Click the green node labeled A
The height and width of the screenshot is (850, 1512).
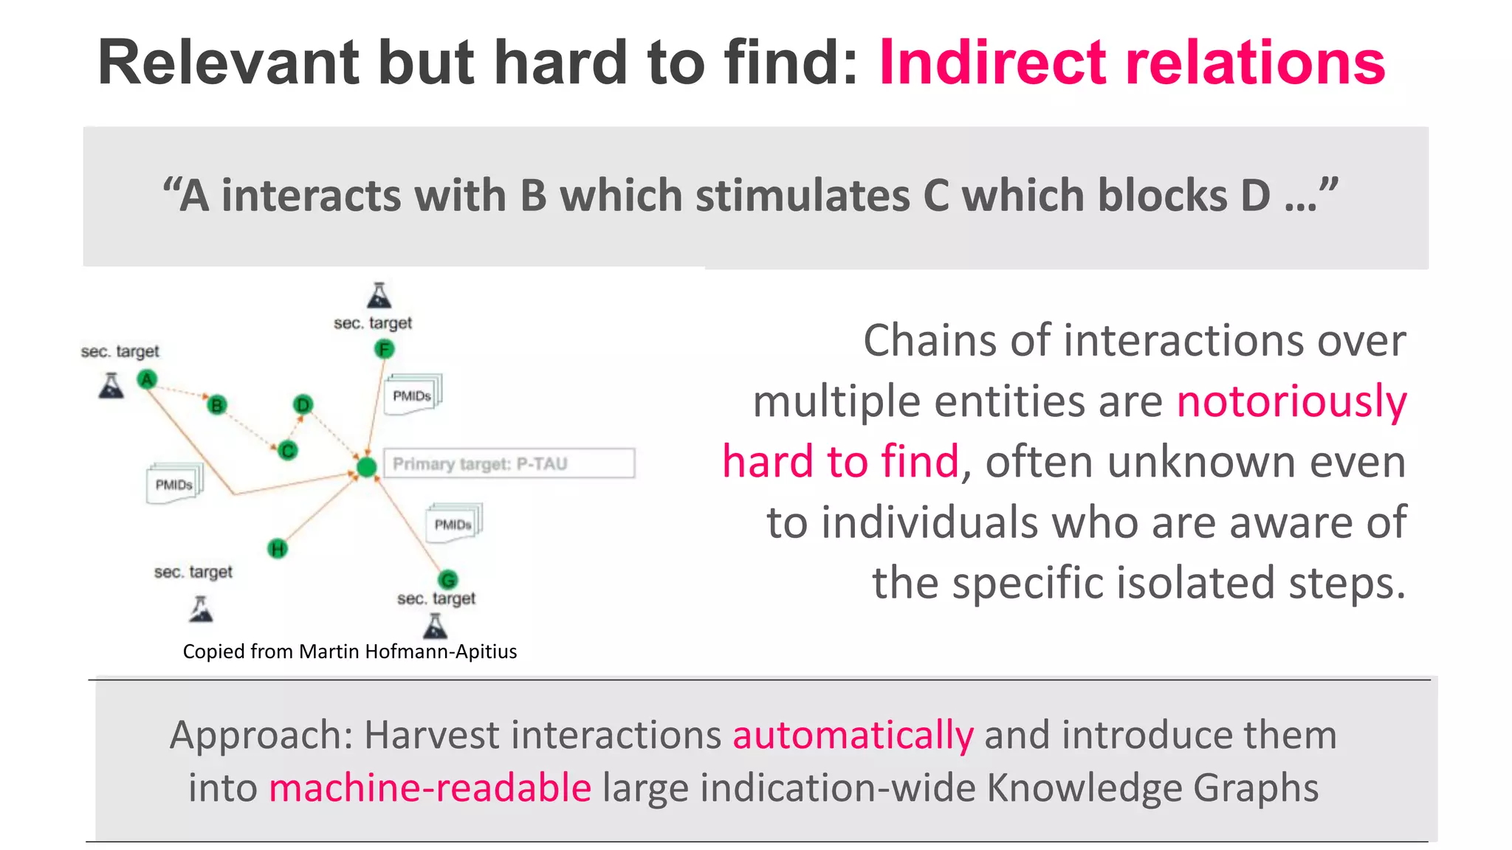[x=147, y=379]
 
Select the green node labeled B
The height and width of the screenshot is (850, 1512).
[x=217, y=405]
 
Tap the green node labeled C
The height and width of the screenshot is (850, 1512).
[x=288, y=450]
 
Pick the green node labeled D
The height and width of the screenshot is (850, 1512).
[x=303, y=404]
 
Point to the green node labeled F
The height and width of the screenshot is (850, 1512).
[x=384, y=349]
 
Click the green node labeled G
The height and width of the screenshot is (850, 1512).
[x=448, y=579]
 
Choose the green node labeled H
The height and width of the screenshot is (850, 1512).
[x=278, y=548]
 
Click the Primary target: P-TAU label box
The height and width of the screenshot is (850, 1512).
[x=509, y=463]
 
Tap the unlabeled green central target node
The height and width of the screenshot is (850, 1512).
[x=366, y=467]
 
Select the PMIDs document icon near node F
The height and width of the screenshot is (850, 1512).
[x=413, y=395]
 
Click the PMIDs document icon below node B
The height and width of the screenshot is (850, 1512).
[x=174, y=484]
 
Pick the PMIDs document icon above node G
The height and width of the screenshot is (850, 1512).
[x=453, y=524]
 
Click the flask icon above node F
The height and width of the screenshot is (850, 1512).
[x=379, y=295]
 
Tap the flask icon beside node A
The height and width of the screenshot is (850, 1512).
[x=111, y=385]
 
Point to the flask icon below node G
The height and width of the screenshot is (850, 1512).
[x=436, y=626]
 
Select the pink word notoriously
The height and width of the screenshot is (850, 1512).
[x=1291, y=402]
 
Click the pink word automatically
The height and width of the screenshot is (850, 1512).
[x=853, y=736]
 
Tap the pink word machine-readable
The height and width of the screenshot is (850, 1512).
[x=430, y=788]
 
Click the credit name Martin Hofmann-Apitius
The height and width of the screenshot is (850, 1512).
[x=408, y=652]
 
